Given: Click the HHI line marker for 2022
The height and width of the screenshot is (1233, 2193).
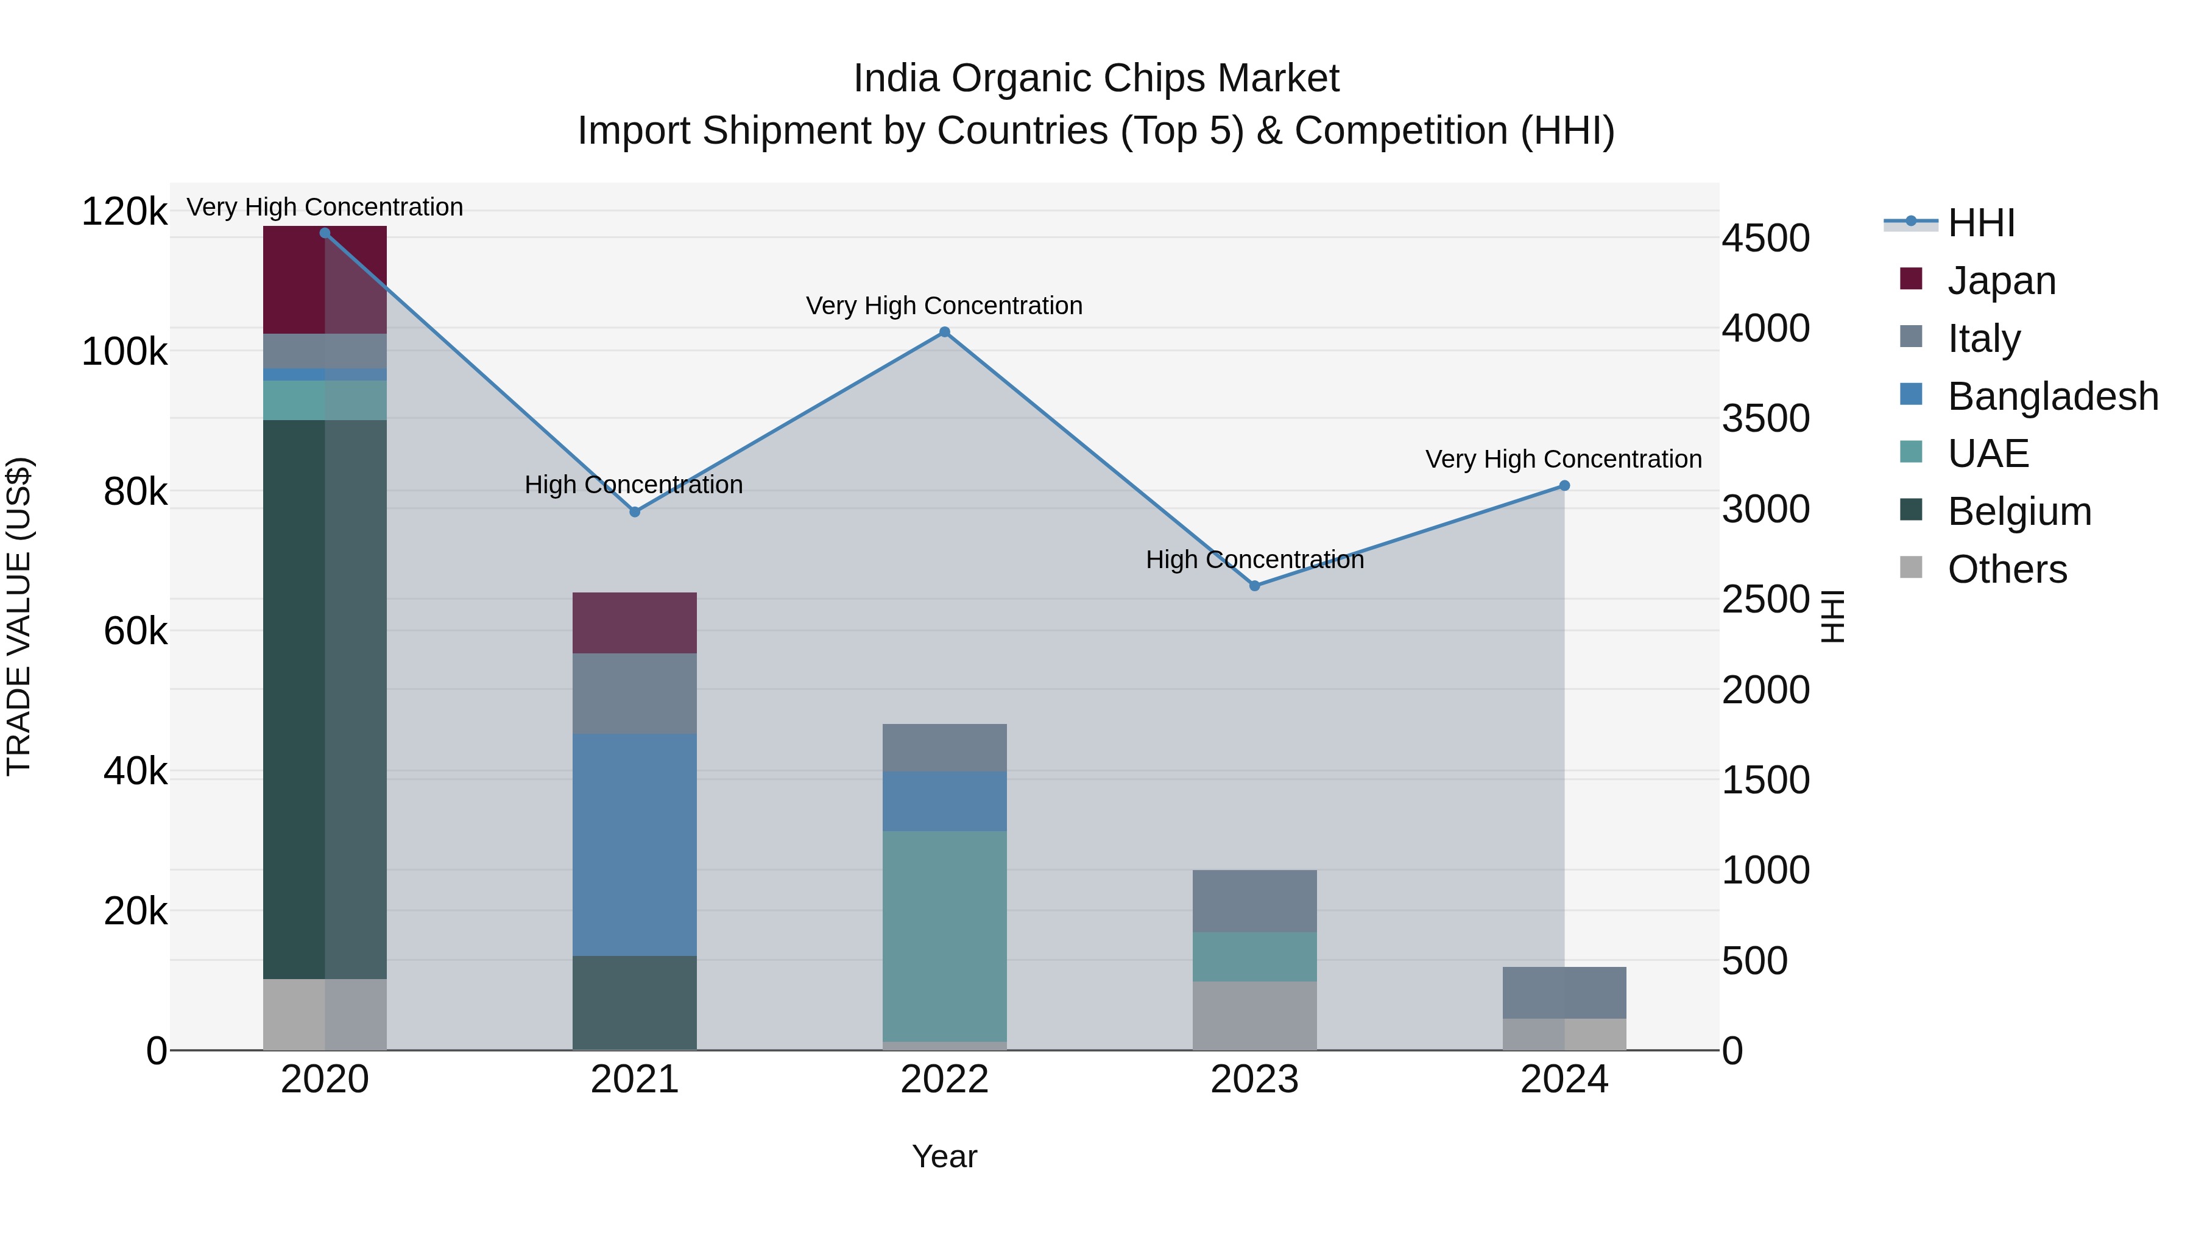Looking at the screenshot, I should (944, 332).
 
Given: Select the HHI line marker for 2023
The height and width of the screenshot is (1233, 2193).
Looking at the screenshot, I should (1254, 585).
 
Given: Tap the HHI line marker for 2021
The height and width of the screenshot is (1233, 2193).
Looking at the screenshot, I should (634, 511).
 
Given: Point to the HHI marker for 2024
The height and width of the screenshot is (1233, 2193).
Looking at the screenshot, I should (1564, 486).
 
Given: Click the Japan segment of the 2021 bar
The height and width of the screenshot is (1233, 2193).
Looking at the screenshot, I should (634, 623).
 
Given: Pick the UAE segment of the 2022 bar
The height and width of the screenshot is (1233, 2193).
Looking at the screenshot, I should (944, 936).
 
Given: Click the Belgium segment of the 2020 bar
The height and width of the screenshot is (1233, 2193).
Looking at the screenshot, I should (324, 698).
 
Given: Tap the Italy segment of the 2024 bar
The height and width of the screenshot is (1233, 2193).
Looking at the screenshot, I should (1564, 992).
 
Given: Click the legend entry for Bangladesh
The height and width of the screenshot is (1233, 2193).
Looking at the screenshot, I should (2052, 396).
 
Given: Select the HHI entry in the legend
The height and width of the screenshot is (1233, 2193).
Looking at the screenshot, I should (1980, 223).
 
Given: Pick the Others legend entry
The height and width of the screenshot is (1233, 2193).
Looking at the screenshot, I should (2006, 569).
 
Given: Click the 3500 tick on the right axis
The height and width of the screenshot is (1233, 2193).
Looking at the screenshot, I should (1765, 419).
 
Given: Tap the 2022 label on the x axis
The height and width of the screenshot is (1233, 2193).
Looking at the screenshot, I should (944, 1080).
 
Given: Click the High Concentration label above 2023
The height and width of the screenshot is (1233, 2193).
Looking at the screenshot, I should (1254, 560).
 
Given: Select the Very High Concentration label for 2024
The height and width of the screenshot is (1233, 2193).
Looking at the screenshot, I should (1563, 460).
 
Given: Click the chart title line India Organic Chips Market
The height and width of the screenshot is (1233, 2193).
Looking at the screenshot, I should (1096, 79).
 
